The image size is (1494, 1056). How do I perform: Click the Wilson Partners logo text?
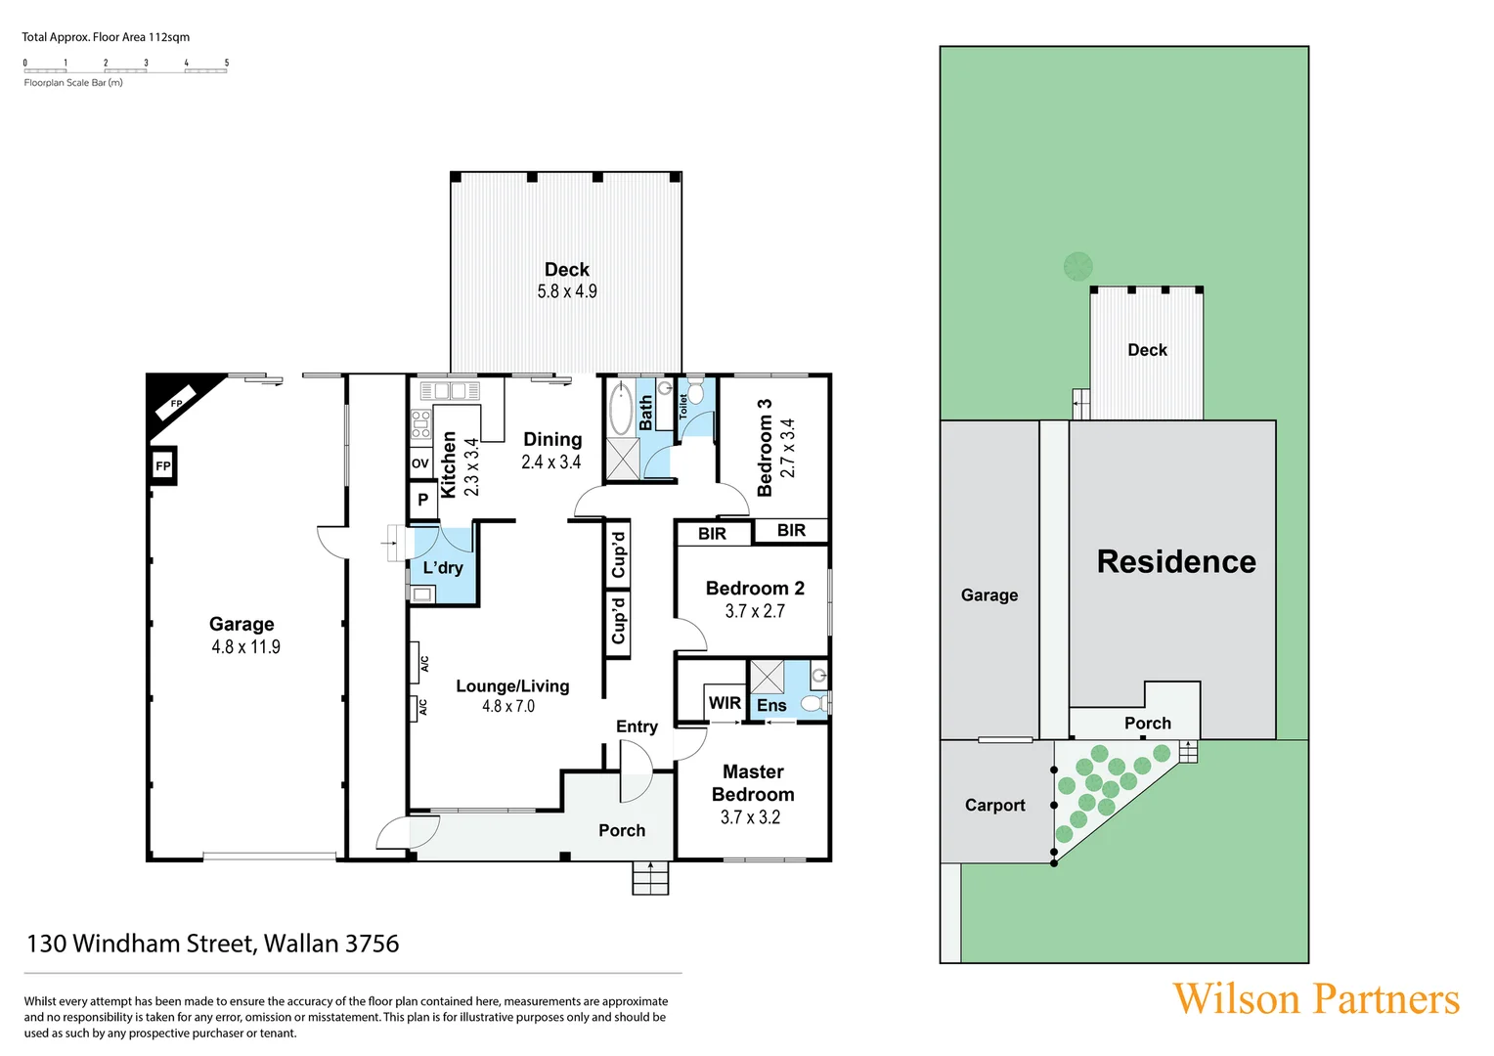1315,999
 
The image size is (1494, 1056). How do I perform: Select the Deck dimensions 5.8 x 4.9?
566,291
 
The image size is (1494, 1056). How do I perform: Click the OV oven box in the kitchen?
420,463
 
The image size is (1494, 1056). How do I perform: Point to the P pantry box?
422,500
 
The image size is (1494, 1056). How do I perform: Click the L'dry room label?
443,568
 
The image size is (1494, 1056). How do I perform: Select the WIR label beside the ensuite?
725,703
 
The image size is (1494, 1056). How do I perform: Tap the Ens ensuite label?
770,705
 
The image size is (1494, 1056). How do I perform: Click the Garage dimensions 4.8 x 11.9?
245,647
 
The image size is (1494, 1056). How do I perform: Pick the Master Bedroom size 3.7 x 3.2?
750,817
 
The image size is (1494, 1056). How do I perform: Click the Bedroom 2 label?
755,589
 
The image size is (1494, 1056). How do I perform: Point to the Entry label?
637,726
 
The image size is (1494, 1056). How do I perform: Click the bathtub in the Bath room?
621,409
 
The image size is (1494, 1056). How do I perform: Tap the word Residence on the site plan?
1176,562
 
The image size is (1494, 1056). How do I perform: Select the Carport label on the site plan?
994,806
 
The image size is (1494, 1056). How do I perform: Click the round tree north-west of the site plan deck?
1077,266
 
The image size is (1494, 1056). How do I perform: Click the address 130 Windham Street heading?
213,944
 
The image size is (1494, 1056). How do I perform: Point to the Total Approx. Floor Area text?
106,37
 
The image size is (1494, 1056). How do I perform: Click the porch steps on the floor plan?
650,878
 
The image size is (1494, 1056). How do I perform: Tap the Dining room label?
552,440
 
